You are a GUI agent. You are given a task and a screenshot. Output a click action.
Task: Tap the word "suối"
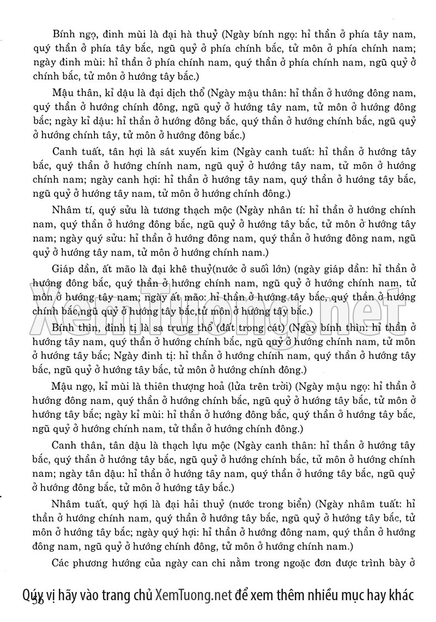click(x=255, y=268)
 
